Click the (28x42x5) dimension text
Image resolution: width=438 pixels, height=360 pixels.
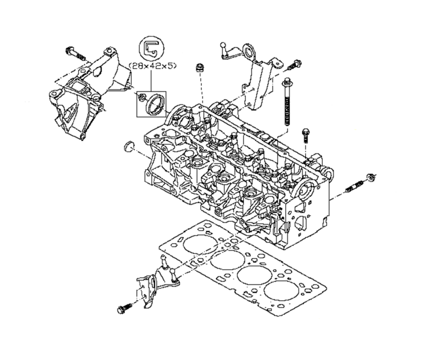click(x=152, y=66)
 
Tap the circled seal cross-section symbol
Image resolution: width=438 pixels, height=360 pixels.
click(x=151, y=48)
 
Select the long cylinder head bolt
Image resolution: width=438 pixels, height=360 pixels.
click(x=286, y=102)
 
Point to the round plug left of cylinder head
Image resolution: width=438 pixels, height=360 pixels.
click(x=128, y=147)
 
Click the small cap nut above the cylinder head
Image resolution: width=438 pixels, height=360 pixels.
click(x=199, y=68)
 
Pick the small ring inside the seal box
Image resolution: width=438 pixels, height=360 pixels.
click(x=141, y=97)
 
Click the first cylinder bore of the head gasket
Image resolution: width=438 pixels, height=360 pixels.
click(x=200, y=244)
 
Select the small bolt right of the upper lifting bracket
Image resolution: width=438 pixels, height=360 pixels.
click(x=293, y=64)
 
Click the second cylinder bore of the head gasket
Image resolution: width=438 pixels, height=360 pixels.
click(x=228, y=260)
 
